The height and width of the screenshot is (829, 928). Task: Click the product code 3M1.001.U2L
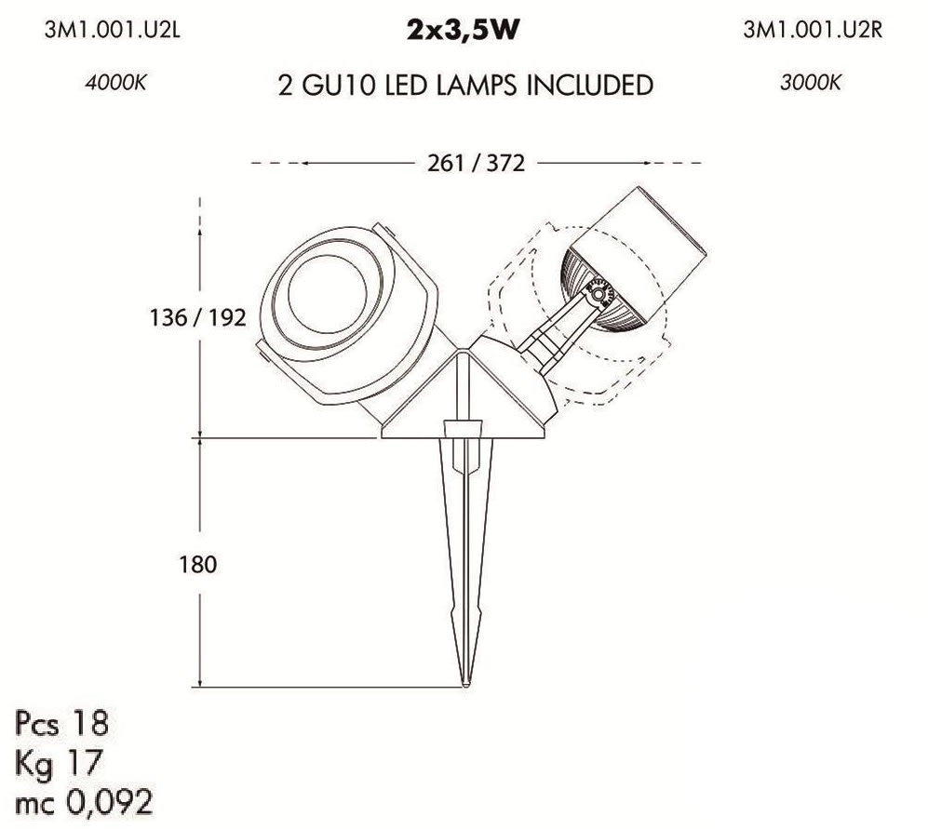click(112, 30)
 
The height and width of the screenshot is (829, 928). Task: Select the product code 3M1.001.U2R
click(813, 30)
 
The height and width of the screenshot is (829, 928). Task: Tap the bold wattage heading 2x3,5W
click(463, 31)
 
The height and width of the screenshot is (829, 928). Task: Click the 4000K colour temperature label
click(115, 82)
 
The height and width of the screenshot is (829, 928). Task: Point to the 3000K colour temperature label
click(810, 82)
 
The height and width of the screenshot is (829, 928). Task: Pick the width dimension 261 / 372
click(476, 163)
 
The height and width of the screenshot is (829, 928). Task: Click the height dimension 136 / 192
click(197, 318)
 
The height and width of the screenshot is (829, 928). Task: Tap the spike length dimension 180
click(198, 565)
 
